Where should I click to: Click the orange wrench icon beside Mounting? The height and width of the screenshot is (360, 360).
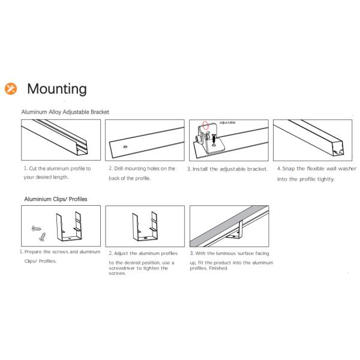click(x=11, y=89)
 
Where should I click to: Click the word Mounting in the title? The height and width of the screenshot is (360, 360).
click(x=57, y=89)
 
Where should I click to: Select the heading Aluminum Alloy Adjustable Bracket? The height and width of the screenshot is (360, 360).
click(x=65, y=112)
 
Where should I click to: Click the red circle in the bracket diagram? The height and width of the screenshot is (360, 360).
click(x=206, y=127)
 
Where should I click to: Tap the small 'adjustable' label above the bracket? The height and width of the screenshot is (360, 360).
click(x=227, y=122)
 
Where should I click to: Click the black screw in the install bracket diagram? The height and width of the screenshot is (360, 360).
click(x=212, y=139)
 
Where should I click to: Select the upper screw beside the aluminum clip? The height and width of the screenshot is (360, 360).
click(x=35, y=228)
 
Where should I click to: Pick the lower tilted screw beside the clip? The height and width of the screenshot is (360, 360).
click(x=42, y=238)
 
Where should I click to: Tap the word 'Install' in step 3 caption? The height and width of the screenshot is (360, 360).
click(x=200, y=169)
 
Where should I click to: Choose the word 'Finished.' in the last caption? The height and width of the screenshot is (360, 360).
click(x=217, y=268)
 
